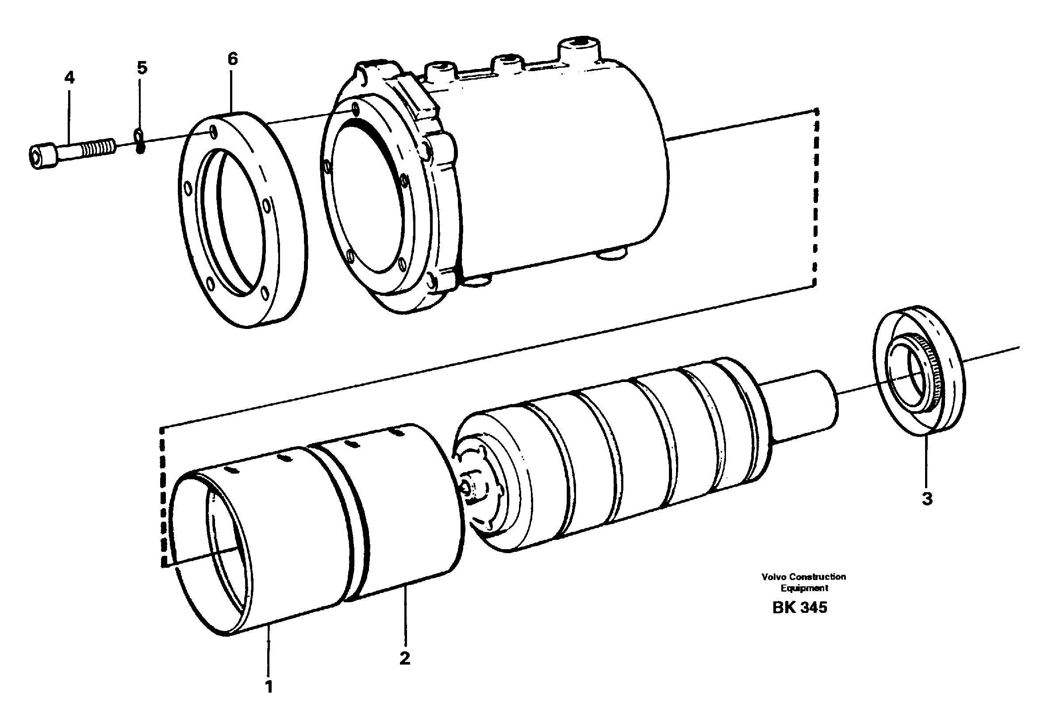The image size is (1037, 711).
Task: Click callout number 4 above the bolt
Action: point(69,78)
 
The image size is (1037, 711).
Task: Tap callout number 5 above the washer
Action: point(142,68)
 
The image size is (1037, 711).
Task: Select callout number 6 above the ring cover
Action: point(232,59)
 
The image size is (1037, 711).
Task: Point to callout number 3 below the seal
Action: point(927,499)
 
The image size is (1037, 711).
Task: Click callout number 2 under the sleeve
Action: point(405,658)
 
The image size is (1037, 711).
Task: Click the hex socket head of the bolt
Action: point(42,156)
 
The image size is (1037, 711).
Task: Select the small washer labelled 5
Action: point(140,141)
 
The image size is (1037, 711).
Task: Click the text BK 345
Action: point(799,608)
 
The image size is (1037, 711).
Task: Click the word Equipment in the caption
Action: point(804,588)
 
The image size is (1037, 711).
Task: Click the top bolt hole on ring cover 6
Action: point(215,132)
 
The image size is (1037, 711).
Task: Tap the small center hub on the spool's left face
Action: point(469,489)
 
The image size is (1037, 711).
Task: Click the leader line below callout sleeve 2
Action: point(405,615)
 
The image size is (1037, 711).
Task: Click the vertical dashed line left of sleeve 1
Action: point(163,495)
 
